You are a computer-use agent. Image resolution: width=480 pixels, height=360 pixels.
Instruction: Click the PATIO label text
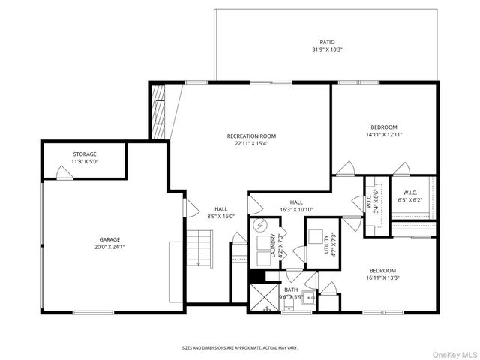tap(327, 43)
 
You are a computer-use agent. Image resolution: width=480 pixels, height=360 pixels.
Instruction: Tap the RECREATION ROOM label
tap(252, 136)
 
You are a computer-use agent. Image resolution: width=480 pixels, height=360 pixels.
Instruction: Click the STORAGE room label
tap(85, 154)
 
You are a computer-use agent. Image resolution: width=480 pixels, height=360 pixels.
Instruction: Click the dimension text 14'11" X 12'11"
tap(383, 134)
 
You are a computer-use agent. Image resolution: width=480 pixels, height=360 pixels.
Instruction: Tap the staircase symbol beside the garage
tap(199, 248)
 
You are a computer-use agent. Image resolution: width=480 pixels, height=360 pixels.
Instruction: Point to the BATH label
tap(291, 289)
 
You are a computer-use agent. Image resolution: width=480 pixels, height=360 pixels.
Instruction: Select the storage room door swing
tap(65, 173)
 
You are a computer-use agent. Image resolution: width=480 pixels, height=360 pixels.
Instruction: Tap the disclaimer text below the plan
tap(240, 348)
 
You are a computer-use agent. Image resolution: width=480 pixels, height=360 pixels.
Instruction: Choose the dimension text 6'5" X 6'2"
tap(409, 199)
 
